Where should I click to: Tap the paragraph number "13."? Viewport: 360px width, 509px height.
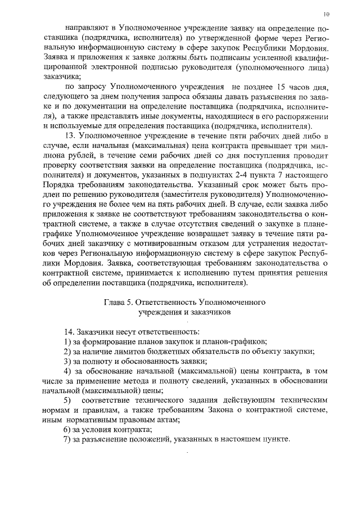click(71, 137)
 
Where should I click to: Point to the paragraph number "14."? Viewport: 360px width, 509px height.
click(71, 331)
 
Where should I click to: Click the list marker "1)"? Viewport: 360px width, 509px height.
click(67, 341)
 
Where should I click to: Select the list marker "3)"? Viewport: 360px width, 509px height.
click(67, 361)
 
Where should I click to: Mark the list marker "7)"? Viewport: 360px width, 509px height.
click(67, 439)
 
